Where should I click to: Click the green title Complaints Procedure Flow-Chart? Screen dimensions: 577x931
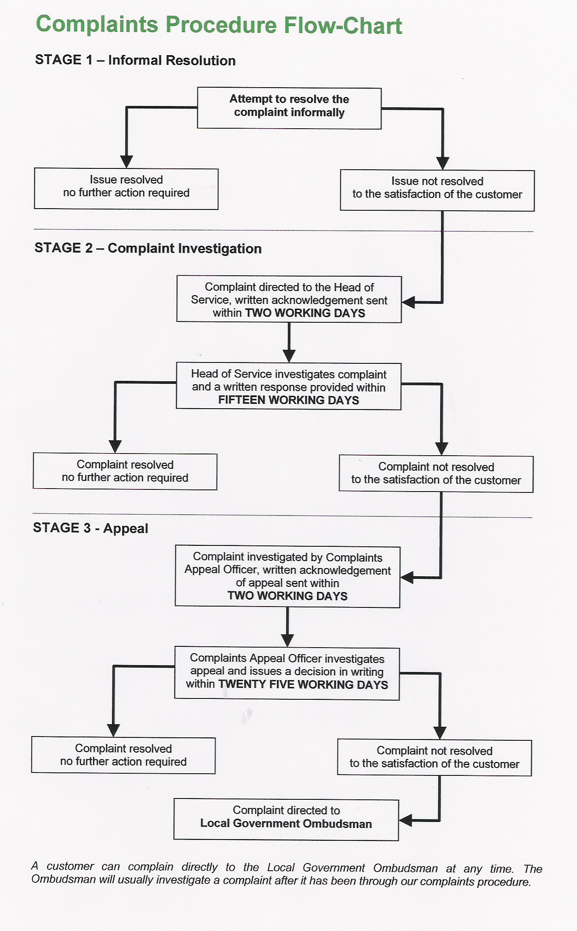click(x=219, y=25)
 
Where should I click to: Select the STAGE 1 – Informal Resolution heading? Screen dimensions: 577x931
click(x=135, y=60)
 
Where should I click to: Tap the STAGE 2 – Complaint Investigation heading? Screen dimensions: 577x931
click(x=148, y=248)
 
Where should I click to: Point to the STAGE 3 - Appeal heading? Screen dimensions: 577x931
click(x=91, y=528)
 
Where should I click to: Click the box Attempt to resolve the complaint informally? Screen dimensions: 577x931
click(x=289, y=108)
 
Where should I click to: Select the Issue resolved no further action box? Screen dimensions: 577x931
click(x=126, y=189)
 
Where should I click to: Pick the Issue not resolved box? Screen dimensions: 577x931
click(x=437, y=190)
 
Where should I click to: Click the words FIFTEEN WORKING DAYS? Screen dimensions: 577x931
click(x=288, y=400)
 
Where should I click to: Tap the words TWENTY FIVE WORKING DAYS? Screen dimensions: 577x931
click(x=303, y=684)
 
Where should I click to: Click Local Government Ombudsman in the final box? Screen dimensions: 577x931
click(x=286, y=823)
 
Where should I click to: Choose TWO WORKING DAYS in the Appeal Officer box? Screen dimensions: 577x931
click(x=287, y=595)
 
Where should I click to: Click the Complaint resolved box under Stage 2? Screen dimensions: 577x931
click(x=125, y=471)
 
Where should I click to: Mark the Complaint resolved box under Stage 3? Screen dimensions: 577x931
click(x=123, y=755)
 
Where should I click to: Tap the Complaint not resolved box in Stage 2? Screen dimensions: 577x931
click(x=436, y=474)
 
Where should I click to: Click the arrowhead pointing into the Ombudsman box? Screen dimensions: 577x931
click(x=405, y=820)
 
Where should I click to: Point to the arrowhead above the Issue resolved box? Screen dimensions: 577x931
click(x=126, y=162)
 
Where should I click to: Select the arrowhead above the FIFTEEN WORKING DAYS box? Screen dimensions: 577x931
click(x=289, y=356)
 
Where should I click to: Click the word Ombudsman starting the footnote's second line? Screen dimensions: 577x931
click(x=63, y=879)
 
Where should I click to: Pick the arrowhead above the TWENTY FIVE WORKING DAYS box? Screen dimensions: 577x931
click(x=287, y=640)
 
